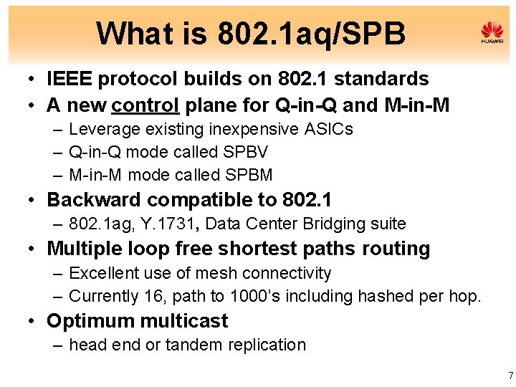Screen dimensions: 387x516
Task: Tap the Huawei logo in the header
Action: [492, 32]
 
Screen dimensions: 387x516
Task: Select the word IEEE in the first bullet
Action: [70, 79]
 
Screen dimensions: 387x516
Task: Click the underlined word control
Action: [145, 105]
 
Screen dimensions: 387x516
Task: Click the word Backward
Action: [91, 199]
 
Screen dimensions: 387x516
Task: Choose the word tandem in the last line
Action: [191, 345]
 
